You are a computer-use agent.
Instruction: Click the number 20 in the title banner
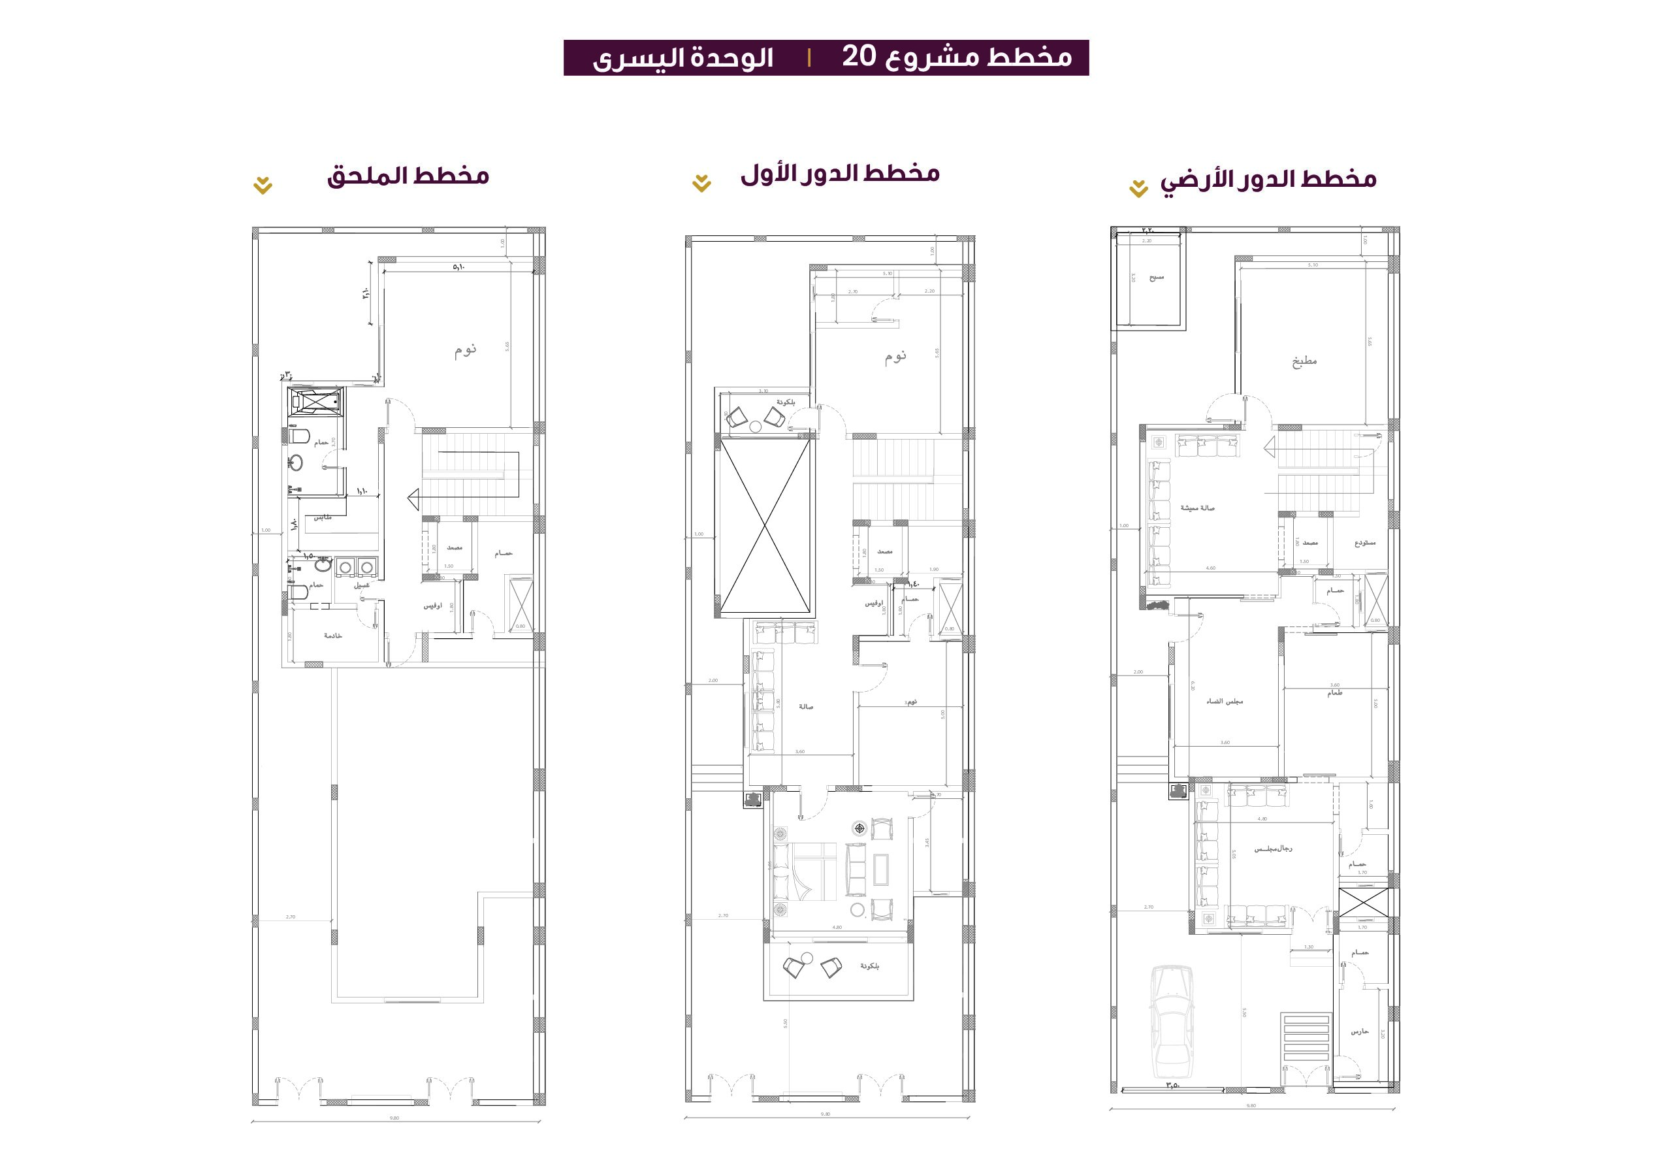tap(858, 57)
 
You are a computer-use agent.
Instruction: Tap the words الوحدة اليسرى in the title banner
tap(682, 58)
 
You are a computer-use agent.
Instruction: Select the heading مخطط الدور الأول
tap(839, 174)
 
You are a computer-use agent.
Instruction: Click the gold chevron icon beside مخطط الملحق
tap(263, 186)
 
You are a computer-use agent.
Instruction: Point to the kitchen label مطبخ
tap(1304, 361)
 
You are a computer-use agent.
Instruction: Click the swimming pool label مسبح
tap(1156, 277)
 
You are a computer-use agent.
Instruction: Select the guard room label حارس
tap(1359, 1032)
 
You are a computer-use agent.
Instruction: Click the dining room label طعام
tap(1334, 692)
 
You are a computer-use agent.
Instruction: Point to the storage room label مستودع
tap(1364, 542)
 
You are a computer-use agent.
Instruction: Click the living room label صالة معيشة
tap(1196, 508)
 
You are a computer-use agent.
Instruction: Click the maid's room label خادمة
tap(332, 635)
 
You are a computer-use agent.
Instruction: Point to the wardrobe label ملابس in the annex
tap(323, 518)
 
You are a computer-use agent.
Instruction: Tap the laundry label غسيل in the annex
tap(361, 585)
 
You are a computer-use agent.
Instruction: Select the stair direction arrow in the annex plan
tap(413, 499)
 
